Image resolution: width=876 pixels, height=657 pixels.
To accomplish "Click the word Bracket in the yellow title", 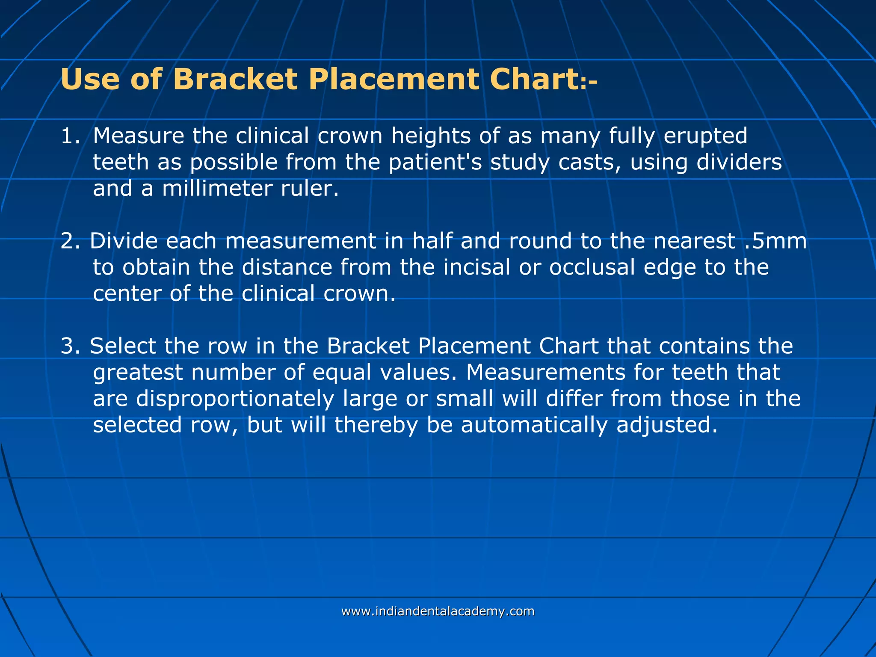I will pyautogui.click(x=235, y=79).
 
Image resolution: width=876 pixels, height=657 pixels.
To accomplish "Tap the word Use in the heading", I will pyautogui.click(x=90, y=79).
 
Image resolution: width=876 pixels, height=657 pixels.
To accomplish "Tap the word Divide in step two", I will pyautogui.click(x=124, y=241).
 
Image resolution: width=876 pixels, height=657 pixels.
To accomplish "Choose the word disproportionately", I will pyautogui.click(x=235, y=399).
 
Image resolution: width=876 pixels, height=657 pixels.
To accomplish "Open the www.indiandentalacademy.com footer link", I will pyautogui.click(x=438, y=611).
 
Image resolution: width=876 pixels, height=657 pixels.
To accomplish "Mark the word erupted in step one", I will pyautogui.click(x=705, y=136).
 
